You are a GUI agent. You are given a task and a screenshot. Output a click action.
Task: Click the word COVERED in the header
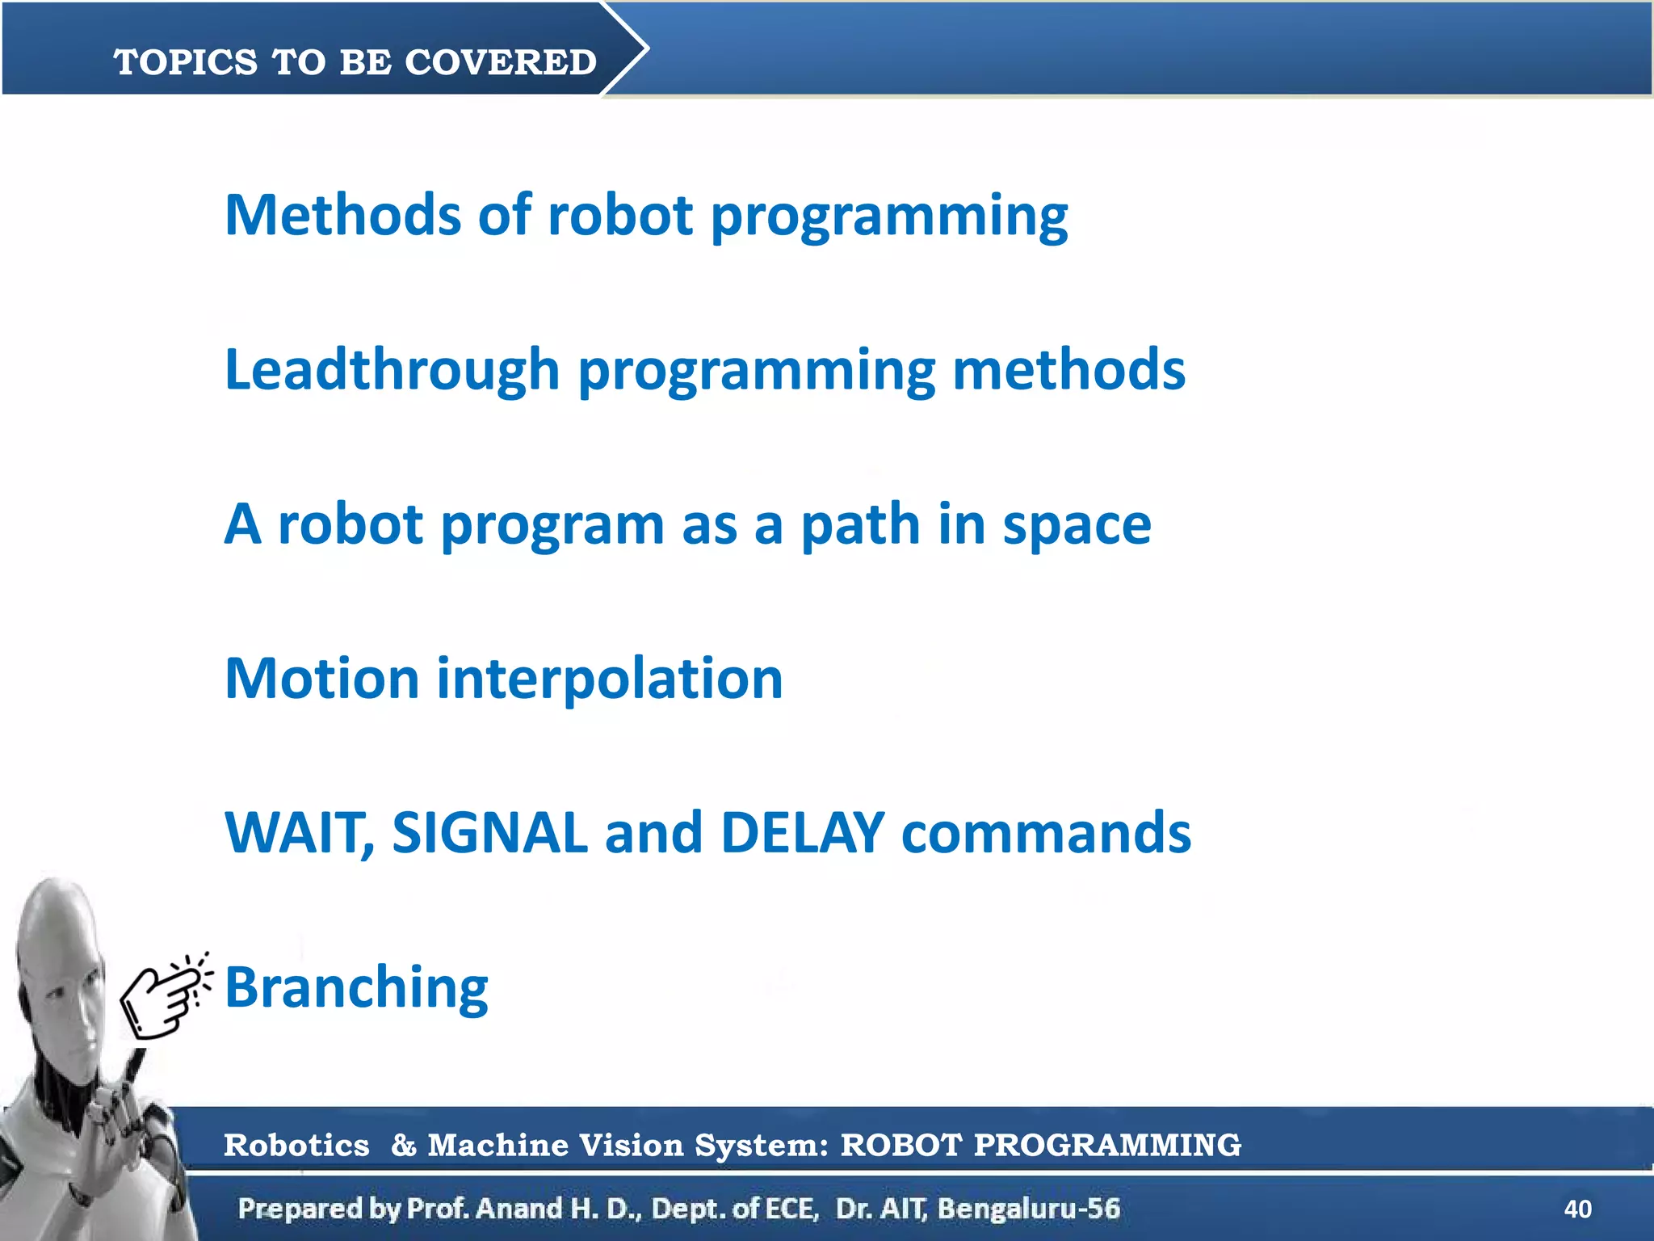(500, 62)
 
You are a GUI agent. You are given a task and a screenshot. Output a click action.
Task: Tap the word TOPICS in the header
(186, 62)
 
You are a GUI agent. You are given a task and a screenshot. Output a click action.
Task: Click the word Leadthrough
(392, 369)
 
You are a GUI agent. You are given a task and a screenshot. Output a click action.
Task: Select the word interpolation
(610, 678)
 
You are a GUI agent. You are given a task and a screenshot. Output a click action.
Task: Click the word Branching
(356, 987)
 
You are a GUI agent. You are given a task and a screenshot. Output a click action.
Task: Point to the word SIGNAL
(489, 832)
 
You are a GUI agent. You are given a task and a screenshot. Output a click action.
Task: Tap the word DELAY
(802, 832)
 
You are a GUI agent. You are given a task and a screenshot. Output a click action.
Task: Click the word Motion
(321, 678)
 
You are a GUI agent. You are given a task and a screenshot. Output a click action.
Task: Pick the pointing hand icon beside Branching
(164, 995)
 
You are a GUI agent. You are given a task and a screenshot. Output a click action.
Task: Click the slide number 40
(1577, 1209)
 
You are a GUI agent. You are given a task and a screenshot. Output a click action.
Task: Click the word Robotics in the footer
(296, 1145)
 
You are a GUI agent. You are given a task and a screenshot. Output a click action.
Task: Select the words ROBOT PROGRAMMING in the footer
(1040, 1145)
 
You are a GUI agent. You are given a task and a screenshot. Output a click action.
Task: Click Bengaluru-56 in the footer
(1028, 1209)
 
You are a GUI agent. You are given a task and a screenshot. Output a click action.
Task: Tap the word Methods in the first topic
(342, 216)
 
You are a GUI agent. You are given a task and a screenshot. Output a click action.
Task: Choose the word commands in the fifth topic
(1046, 832)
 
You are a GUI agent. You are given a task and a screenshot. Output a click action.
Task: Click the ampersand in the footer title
(403, 1145)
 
